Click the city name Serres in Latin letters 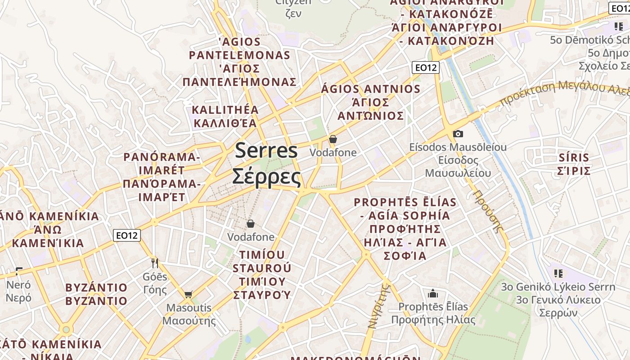266,150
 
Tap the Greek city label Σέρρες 266,176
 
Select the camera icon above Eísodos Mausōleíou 458,134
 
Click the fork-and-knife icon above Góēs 155,263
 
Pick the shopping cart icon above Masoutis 188,295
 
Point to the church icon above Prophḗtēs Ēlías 433,294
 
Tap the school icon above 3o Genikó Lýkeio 558,273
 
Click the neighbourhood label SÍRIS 573,157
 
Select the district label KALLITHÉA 225,110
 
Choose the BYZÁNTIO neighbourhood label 96,288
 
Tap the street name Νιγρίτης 378,306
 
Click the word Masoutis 189,308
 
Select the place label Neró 18,285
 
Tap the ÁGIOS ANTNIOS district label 370,89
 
